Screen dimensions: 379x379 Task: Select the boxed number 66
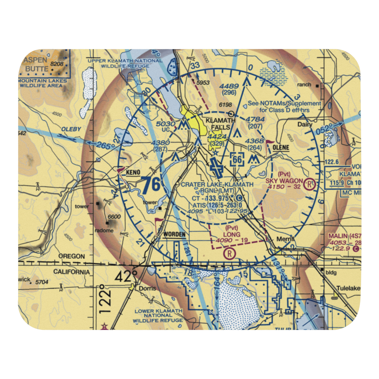point(237,160)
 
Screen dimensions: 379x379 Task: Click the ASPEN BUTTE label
point(36,65)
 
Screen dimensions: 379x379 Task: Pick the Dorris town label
point(147,288)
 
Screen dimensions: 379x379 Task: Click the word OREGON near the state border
point(72,257)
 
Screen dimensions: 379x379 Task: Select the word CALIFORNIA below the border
point(72,272)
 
